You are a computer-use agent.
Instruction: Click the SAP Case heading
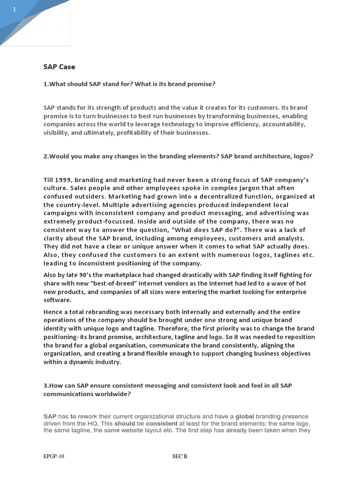tap(59, 67)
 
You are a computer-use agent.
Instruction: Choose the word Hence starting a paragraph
tap(52, 312)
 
